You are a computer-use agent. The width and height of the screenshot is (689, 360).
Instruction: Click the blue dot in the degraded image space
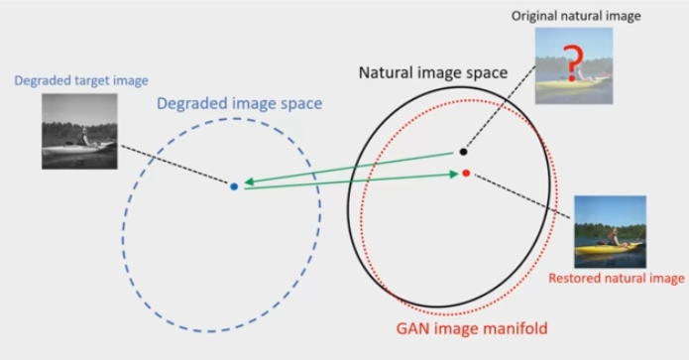click(234, 185)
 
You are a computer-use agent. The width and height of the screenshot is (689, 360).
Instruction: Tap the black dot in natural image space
click(462, 152)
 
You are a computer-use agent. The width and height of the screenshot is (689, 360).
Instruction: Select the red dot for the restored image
click(466, 174)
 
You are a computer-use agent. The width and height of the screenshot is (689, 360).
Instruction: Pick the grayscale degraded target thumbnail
click(79, 131)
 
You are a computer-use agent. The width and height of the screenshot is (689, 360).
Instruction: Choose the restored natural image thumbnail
click(610, 231)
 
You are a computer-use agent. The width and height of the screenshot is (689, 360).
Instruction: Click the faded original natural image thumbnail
click(572, 65)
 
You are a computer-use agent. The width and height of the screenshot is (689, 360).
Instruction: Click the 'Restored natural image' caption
click(617, 278)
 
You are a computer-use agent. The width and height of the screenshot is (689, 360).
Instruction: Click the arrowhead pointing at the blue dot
click(249, 182)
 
